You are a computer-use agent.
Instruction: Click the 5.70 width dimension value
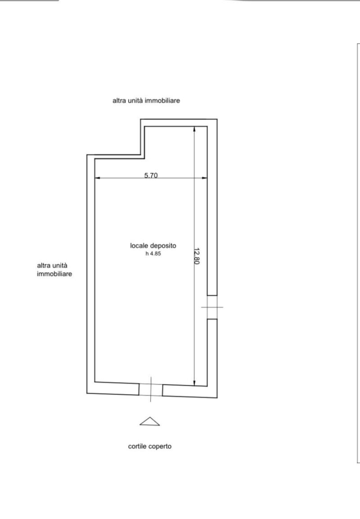pyautogui.click(x=151, y=176)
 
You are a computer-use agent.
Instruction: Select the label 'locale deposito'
pyautogui.click(x=153, y=246)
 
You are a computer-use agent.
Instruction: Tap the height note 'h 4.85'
pyautogui.click(x=153, y=254)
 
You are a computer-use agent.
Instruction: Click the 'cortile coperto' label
pyautogui.click(x=150, y=447)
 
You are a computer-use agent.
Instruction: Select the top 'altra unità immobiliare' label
pyautogui.click(x=146, y=101)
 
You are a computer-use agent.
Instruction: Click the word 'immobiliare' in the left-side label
pyautogui.click(x=55, y=273)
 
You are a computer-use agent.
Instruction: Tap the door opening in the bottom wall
pyautogui.click(x=151, y=390)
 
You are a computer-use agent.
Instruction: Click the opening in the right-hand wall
pyautogui.click(x=212, y=307)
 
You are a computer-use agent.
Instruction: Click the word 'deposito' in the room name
pyautogui.click(x=164, y=246)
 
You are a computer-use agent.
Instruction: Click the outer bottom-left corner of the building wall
pyautogui.click(x=87, y=393)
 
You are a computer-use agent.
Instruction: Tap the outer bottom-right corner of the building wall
pyautogui.click(x=217, y=398)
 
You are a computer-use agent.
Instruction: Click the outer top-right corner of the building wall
pyautogui.click(x=217, y=119)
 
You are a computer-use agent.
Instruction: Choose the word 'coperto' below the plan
pyautogui.click(x=161, y=447)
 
